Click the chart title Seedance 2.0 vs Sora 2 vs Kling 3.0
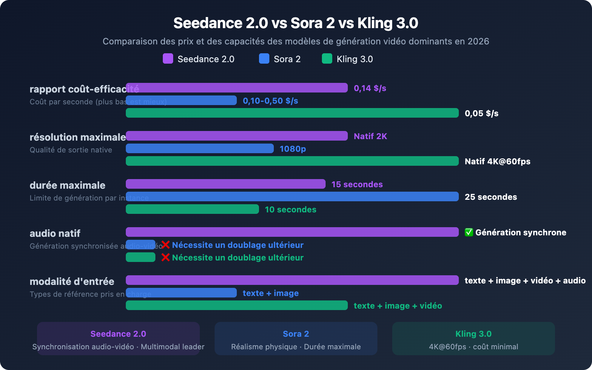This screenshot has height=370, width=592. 296,23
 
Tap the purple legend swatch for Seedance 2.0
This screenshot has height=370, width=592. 168,58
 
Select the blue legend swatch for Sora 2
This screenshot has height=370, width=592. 264,58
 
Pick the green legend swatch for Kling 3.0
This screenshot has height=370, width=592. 327,58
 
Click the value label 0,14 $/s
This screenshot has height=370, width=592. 370,88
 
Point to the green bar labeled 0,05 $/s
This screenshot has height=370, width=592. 292,113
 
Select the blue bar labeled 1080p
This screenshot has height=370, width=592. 199,148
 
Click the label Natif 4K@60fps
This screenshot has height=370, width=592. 497,161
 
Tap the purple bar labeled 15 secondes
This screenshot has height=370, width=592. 225,184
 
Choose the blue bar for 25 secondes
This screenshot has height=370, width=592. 292,196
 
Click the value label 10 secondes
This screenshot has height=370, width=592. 290,209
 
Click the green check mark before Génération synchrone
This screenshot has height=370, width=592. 469,232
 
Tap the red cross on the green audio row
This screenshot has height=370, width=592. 165,257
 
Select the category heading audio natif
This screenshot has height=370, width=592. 55,233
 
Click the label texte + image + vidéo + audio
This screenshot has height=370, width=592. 525,280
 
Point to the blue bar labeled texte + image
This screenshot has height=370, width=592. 181,293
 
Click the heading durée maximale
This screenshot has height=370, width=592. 67,185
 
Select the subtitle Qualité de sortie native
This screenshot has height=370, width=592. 71,150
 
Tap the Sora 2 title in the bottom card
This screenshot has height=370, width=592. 296,334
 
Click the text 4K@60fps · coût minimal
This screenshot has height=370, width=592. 473,347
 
